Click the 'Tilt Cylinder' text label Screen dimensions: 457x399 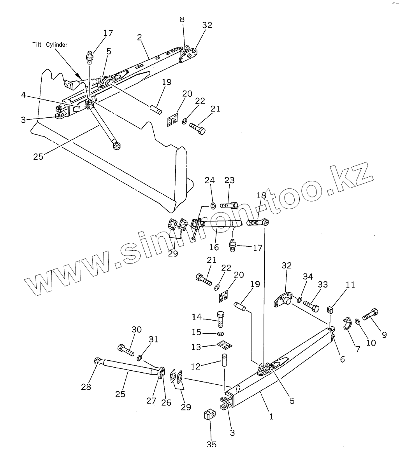[49, 45]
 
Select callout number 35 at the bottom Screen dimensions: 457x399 [211, 445]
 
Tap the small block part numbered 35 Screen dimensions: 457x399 [210, 414]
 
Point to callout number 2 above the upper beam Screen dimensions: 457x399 [139, 37]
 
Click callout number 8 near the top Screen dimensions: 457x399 [182, 19]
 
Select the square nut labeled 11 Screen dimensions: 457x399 [331, 310]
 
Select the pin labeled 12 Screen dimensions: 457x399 [225, 359]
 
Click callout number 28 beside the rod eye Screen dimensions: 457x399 [86, 387]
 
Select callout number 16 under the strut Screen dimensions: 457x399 [214, 247]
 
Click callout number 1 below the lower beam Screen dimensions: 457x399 [271, 417]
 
